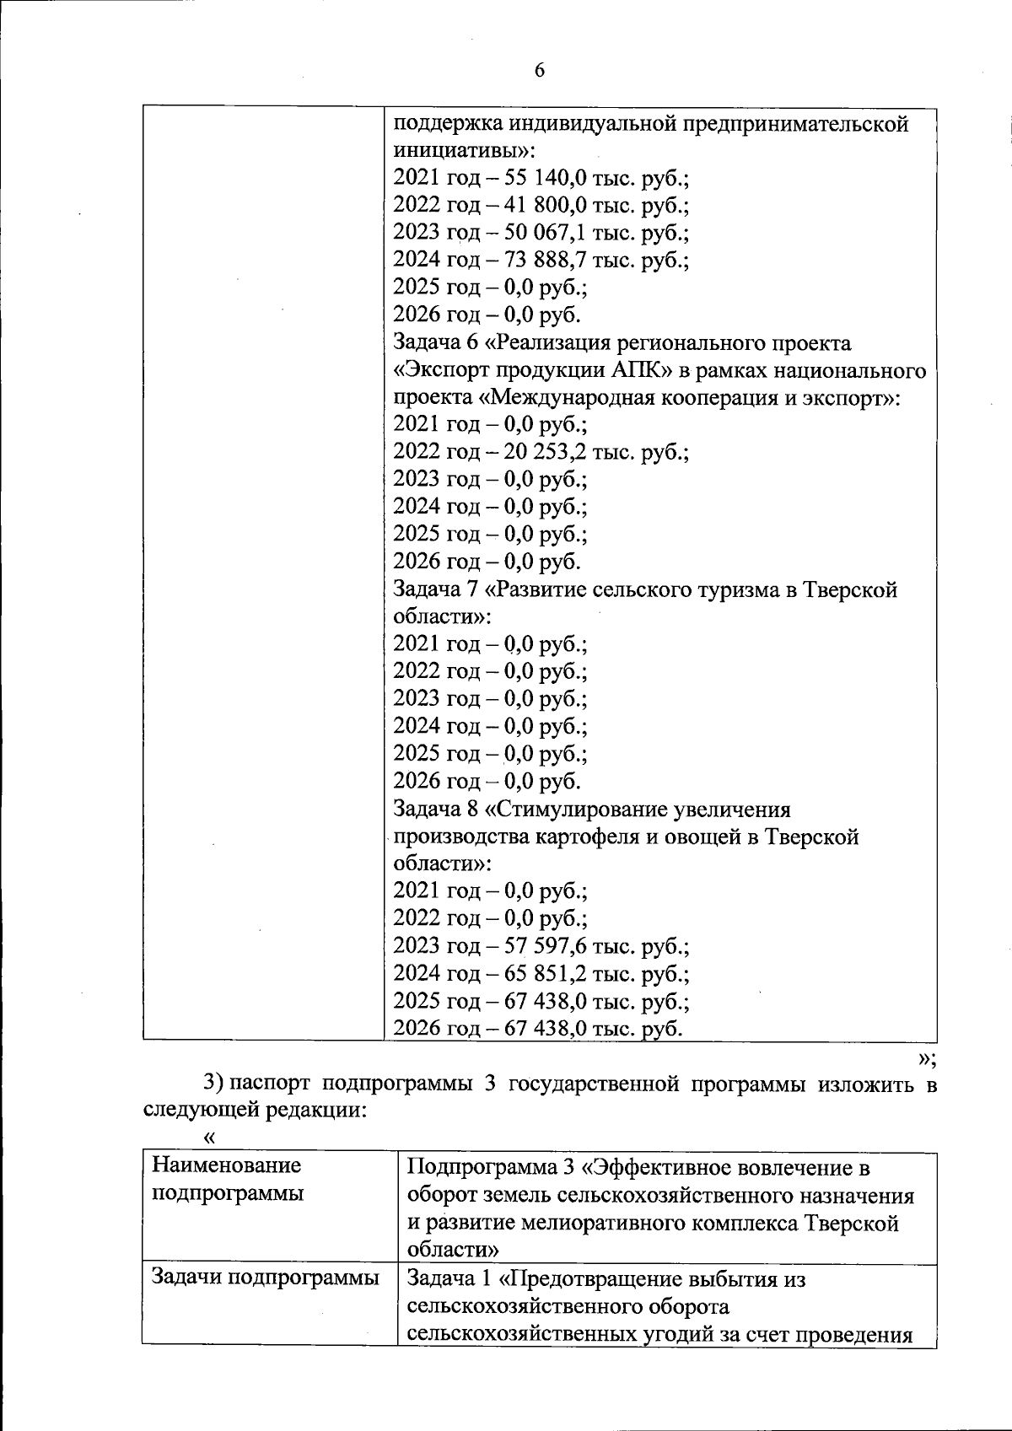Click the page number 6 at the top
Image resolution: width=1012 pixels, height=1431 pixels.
(539, 71)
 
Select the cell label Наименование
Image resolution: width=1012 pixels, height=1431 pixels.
(226, 1166)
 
